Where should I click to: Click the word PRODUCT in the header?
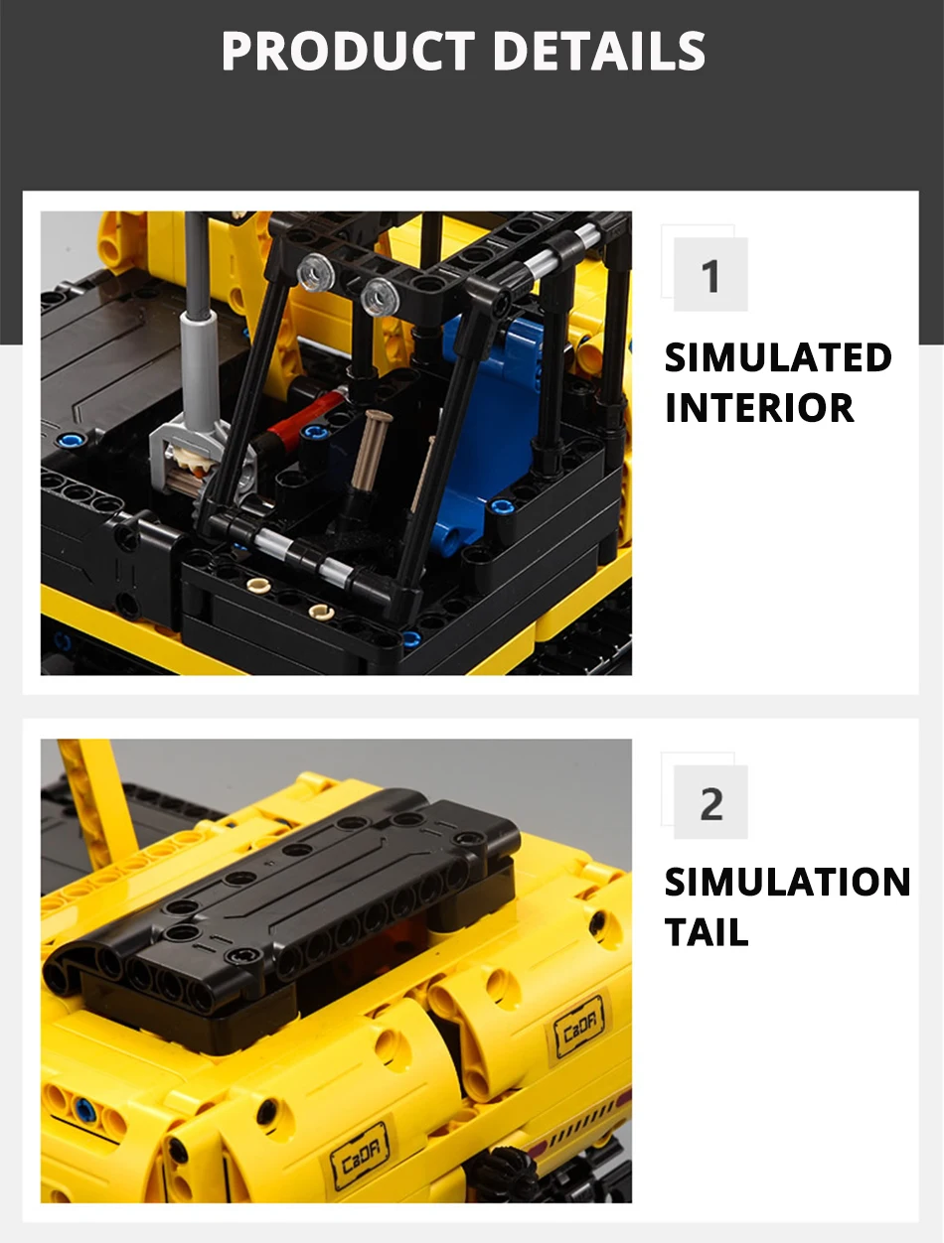348,51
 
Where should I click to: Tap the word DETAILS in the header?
599,51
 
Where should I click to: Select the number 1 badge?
709,274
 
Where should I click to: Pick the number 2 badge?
709,802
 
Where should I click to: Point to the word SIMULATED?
778,357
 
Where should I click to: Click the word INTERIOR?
759,408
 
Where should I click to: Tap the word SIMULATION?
788,883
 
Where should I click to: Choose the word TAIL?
707,932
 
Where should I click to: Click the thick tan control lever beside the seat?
370,449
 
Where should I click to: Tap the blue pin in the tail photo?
84,1109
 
